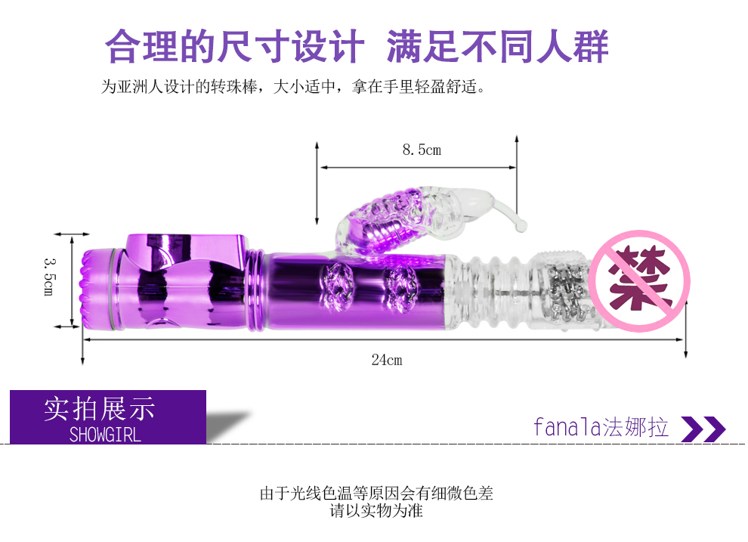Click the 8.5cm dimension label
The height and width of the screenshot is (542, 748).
(x=421, y=150)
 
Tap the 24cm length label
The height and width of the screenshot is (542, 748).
(x=386, y=360)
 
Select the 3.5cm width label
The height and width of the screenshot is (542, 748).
(x=50, y=276)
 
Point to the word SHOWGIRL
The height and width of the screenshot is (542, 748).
(x=105, y=435)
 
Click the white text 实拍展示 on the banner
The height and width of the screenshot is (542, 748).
(x=99, y=409)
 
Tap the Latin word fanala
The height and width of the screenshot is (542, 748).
(x=567, y=428)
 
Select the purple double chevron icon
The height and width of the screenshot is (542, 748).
(x=703, y=429)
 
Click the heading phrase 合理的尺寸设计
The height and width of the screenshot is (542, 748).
(x=234, y=47)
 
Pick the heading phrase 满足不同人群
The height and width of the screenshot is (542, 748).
(x=497, y=47)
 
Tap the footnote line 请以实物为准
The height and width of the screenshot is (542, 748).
(x=376, y=511)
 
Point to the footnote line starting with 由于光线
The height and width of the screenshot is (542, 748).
(x=376, y=494)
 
